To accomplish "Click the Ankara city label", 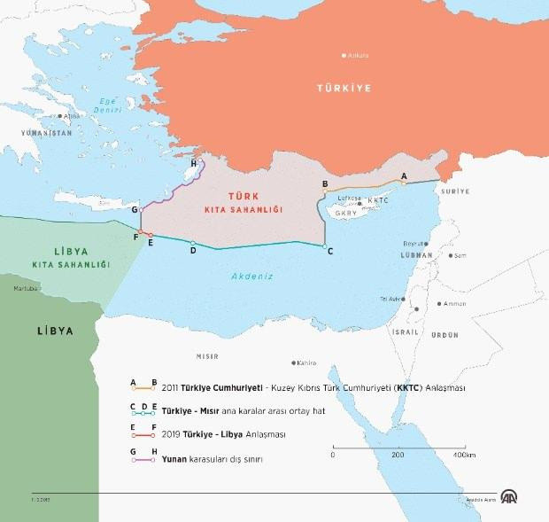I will (x=358, y=55).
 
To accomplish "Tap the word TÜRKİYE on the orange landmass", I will (x=344, y=88).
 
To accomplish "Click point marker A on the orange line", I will (x=404, y=183).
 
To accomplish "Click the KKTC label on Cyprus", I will (x=377, y=200).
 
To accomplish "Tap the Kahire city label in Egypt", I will (x=307, y=362).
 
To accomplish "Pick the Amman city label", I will (x=454, y=303).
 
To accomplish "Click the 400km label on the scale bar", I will (x=465, y=454).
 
